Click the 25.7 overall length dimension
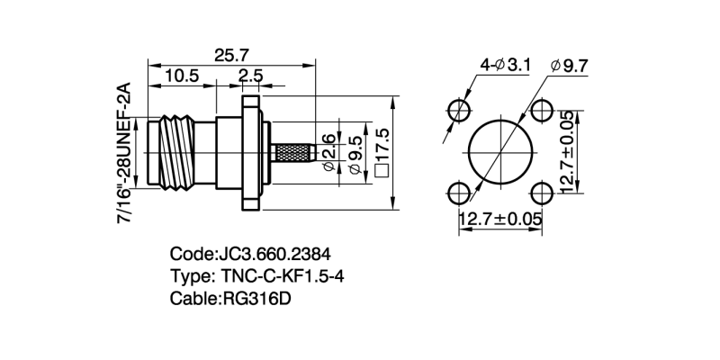[x=231, y=56]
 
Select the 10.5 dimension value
[x=182, y=76]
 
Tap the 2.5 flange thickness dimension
[x=251, y=76]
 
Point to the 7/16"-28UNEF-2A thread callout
[x=124, y=153]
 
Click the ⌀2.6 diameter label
[x=329, y=152]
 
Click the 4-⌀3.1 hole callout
[x=506, y=65]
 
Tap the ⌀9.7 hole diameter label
[x=570, y=66]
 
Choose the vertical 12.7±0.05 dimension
[x=567, y=152]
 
